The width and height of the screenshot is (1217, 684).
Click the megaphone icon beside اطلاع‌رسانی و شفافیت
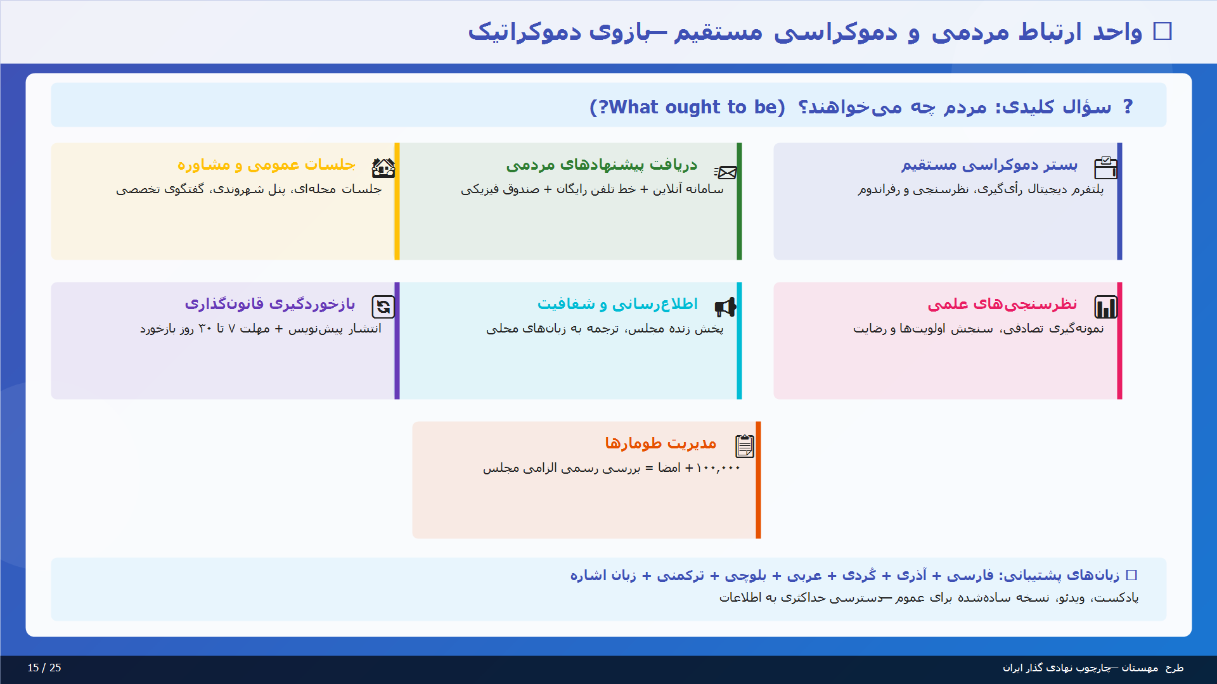click(x=725, y=307)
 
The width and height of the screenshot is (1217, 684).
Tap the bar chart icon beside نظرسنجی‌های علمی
click(x=1105, y=307)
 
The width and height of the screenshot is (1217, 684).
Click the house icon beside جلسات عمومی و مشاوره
click(x=383, y=168)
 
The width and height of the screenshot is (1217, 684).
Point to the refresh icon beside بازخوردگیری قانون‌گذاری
click(x=383, y=307)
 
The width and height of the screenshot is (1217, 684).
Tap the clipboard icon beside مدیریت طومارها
click(x=744, y=446)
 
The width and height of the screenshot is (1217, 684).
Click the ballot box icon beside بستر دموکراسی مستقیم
click(x=1105, y=168)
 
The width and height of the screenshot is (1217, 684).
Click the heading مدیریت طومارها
click(x=660, y=443)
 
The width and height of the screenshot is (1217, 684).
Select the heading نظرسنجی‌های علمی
click(x=1002, y=304)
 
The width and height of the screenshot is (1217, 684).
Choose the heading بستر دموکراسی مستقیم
click(x=989, y=165)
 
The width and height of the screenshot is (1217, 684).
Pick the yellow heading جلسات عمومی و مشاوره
click(x=266, y=165)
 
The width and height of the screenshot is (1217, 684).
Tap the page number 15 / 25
click(x=44, y=668)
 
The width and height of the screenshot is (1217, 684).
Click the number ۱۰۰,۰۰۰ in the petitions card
click(x=718, y=468)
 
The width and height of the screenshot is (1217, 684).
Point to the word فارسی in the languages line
click(x=970, y=575)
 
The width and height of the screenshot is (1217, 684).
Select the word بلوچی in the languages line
click(x=745, y=575)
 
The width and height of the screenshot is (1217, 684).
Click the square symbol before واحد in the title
click(x=1162, y=31)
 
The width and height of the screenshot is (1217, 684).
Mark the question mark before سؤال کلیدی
click(x=1128, y=106)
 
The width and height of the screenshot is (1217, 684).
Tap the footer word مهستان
click(x=1140, y=668)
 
